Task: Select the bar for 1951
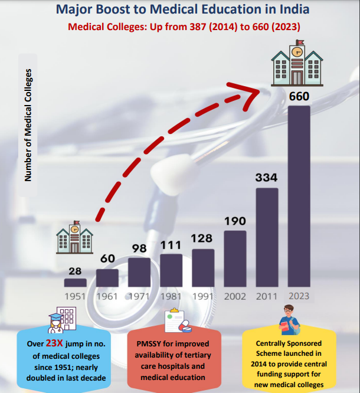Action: pyautogui.click(x=76, y=283)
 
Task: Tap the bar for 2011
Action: pyautogui.click(x=267, y=237)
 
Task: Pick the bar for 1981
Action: pyautogui.click(x=171, y=270)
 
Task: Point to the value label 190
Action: pyautogui.click(x=235, y=221)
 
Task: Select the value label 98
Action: pyautogui.click(x=139, y=248)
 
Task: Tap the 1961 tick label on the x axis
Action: pyautogui.click(x=107, y=296)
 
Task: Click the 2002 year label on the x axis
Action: pyautogui.click(x=235, y=296)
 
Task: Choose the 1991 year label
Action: pyautogui.click(x=203, y=296)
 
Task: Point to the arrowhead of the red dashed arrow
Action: pyautogui.click(x=260, y=89)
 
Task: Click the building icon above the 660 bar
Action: pyautogui.click(x=298, y=62)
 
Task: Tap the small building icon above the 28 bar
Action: pyautogui.click(x=75, y=237)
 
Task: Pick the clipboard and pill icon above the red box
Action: pyautogui.click(x=176, y=320)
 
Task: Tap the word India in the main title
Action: pyautogui.click(x=290, y=10)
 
